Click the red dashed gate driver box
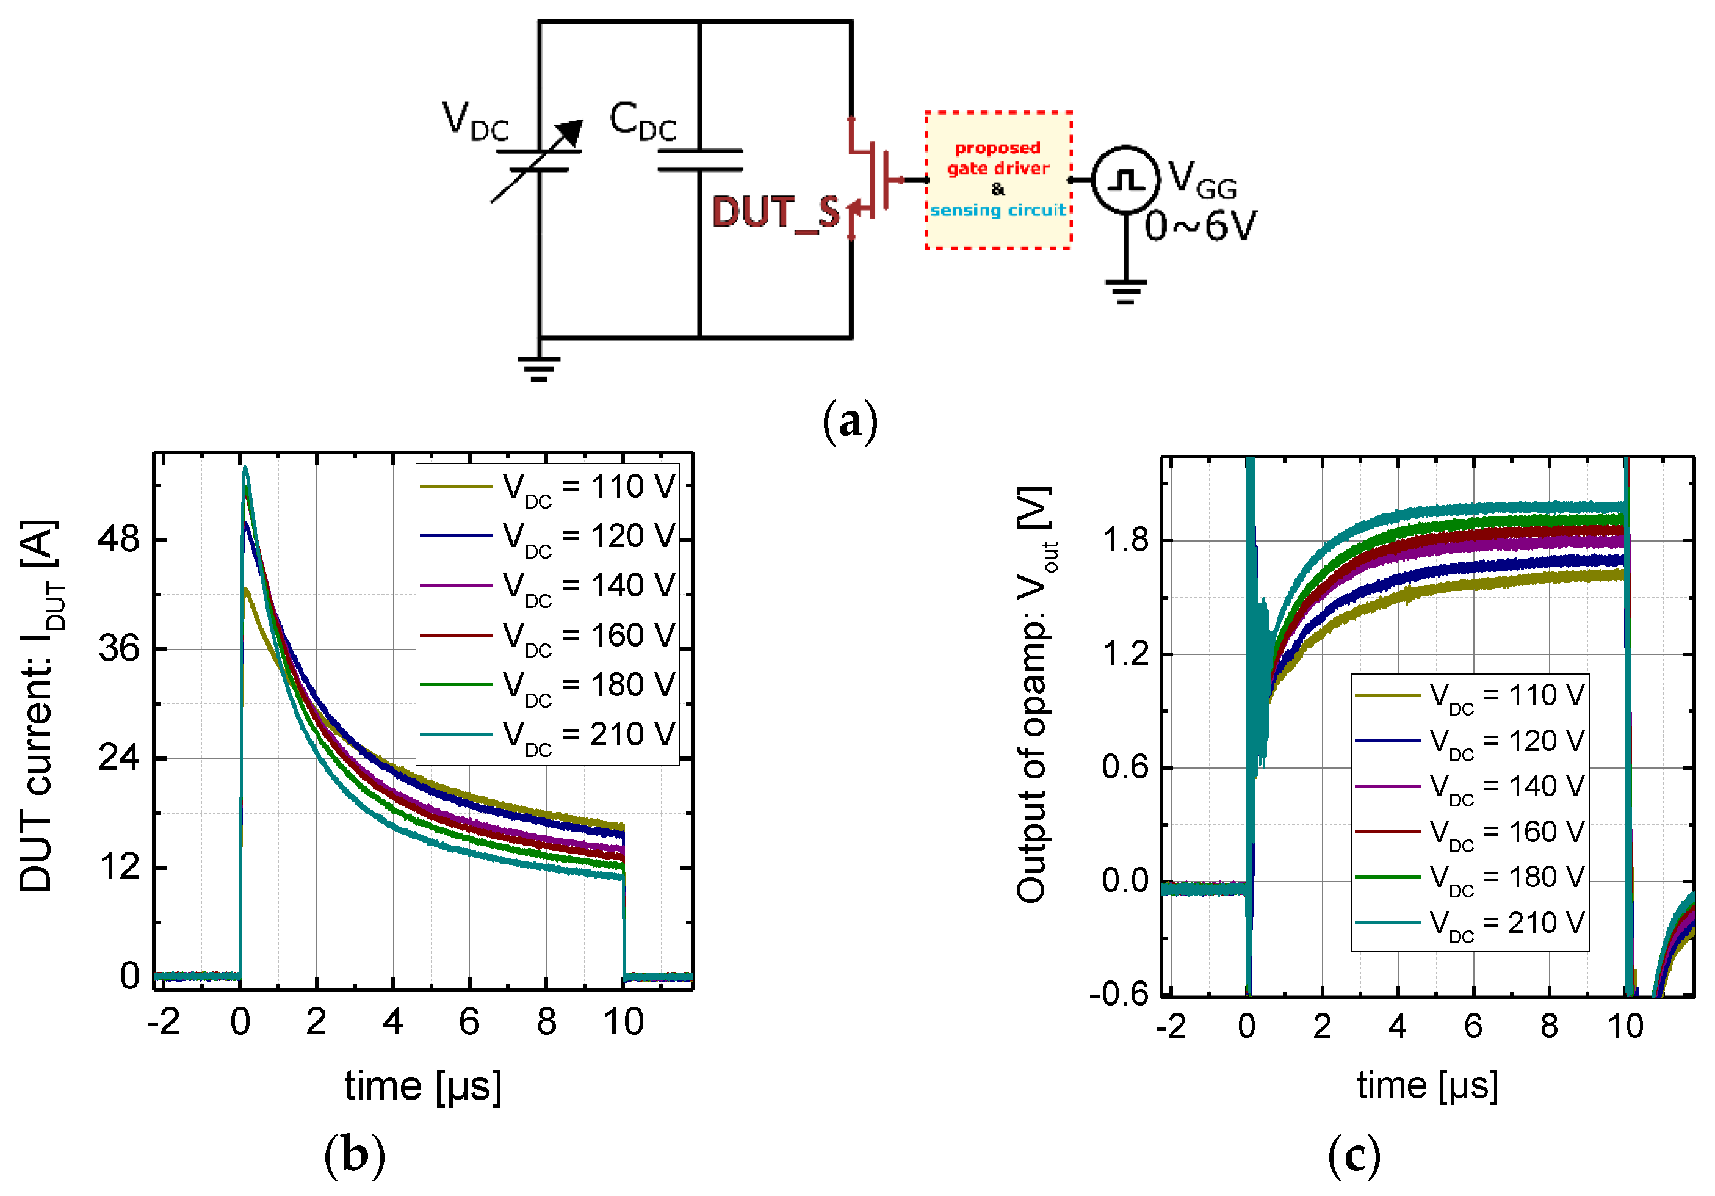pos(998,179)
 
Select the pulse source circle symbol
pos(1125,179)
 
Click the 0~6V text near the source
pos(1200,226)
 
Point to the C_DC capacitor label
pos(643,121)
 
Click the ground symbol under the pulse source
pos(1125,290)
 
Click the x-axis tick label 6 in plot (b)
pos(469,1021)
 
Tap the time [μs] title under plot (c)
pos(1428,1085)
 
